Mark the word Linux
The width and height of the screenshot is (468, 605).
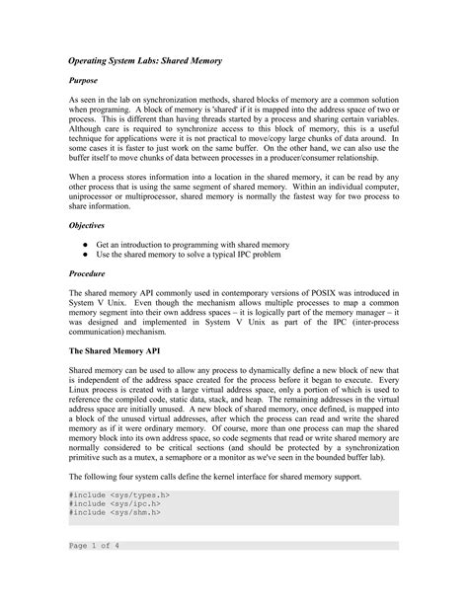click(x=83, y=392)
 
